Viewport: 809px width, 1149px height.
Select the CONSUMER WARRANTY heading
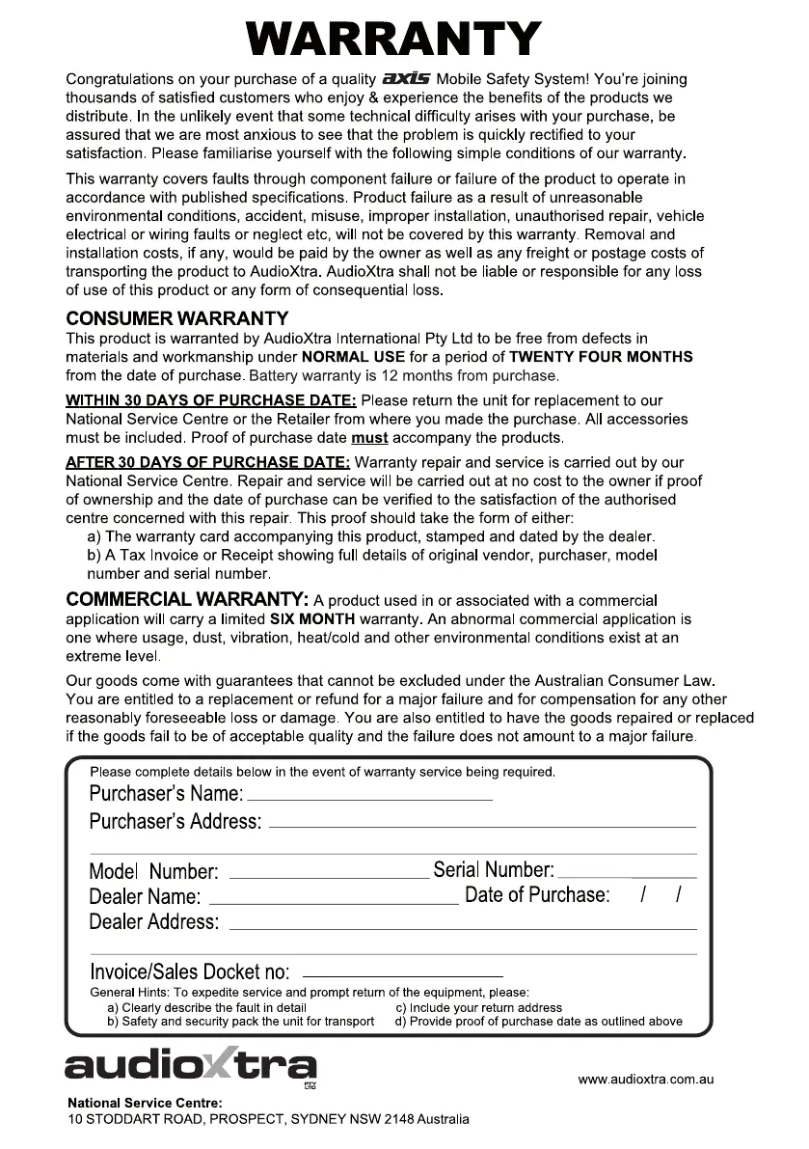coord(176,318)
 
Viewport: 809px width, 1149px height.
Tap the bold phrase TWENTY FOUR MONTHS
coord(601,357)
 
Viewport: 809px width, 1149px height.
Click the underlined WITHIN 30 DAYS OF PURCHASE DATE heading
coord(210,400)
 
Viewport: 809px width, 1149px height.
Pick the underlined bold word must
coord(369,438)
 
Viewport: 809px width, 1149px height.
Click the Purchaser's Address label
coord(175,822)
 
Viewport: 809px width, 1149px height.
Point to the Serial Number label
coord(494,870)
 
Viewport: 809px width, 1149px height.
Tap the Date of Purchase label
coord(537,895)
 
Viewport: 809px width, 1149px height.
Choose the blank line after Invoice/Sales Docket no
coord(403,974)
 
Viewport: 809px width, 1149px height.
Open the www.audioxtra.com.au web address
coord(645,1080)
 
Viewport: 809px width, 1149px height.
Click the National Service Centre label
coord(145,1103)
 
